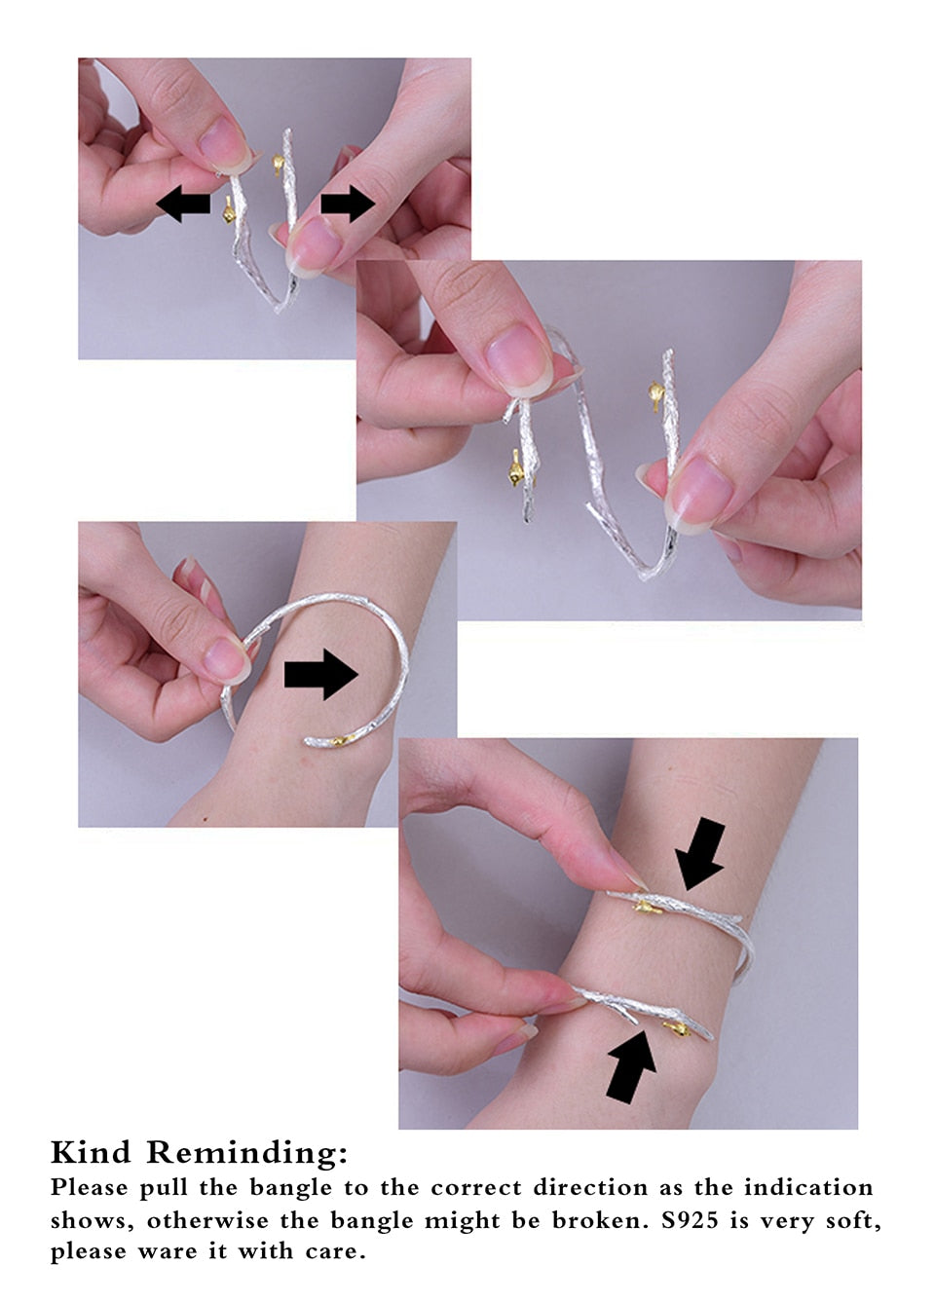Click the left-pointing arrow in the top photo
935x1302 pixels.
point(183,204)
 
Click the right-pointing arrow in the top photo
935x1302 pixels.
point(348,204)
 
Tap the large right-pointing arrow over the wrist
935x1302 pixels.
point(321,674)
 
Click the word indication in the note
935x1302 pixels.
point(808,1187)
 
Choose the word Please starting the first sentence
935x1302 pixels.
point(89,1187)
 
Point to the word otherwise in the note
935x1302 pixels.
point(207,1220)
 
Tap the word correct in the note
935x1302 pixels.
point(476,1187)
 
